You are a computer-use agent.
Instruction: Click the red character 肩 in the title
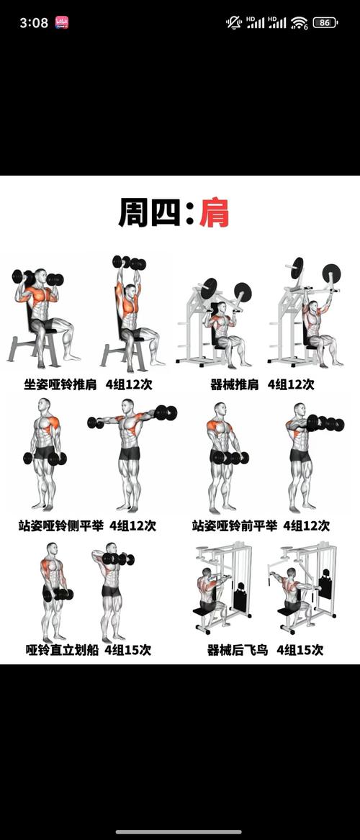[214, 212]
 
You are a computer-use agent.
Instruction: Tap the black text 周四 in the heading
[149, 212]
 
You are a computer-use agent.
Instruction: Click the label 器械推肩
[234, 384]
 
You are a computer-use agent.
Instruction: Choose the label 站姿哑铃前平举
[234, 525]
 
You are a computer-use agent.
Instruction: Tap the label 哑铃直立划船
[62, 650]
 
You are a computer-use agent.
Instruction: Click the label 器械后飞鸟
[237, 650]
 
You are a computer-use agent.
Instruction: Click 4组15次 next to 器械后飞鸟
[300, 650]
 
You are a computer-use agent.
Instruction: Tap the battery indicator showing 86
[325, 22]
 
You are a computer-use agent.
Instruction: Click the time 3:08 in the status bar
[34, 23]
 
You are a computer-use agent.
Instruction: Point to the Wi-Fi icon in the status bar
[299, 23]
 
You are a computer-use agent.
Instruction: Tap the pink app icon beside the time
[62, 23]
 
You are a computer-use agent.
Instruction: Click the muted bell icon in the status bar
[234, 22]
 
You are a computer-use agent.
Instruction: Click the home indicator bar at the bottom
[179, 832]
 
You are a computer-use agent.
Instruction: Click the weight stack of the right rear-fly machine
[325, 585]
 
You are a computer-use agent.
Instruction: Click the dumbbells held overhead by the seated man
[129, 262]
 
